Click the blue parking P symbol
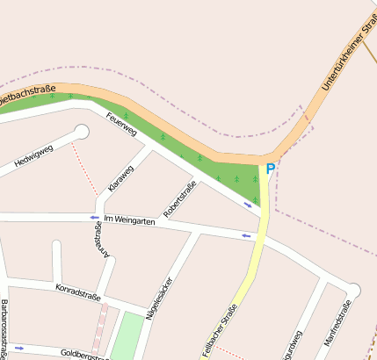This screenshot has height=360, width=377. click(270, 169)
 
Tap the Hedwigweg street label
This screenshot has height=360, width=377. click(34, 155)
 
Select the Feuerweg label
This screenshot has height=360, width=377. click(121, 125)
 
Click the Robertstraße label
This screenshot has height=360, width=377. click(179, 199)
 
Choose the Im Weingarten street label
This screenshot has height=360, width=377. click(129, 221)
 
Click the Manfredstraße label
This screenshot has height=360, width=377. click(337, 324)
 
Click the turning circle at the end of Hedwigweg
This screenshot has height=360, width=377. click(83, 133)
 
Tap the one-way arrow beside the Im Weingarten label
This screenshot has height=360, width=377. click(94, 217)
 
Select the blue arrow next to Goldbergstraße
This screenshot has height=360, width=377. click(19, 349)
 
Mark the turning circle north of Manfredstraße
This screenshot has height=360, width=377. click(353, 290)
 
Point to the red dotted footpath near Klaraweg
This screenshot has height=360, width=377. click(85, 169)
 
